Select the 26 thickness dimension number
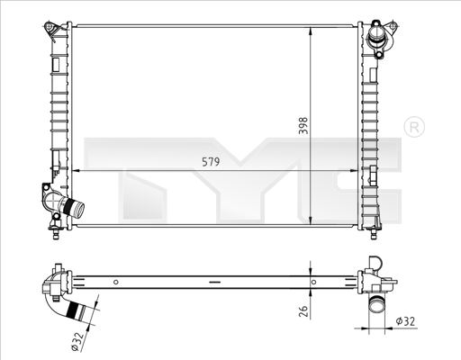point(303,310)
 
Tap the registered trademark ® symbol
point(413,127)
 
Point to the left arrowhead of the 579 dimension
point(73,170)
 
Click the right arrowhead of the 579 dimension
point(356,170)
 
